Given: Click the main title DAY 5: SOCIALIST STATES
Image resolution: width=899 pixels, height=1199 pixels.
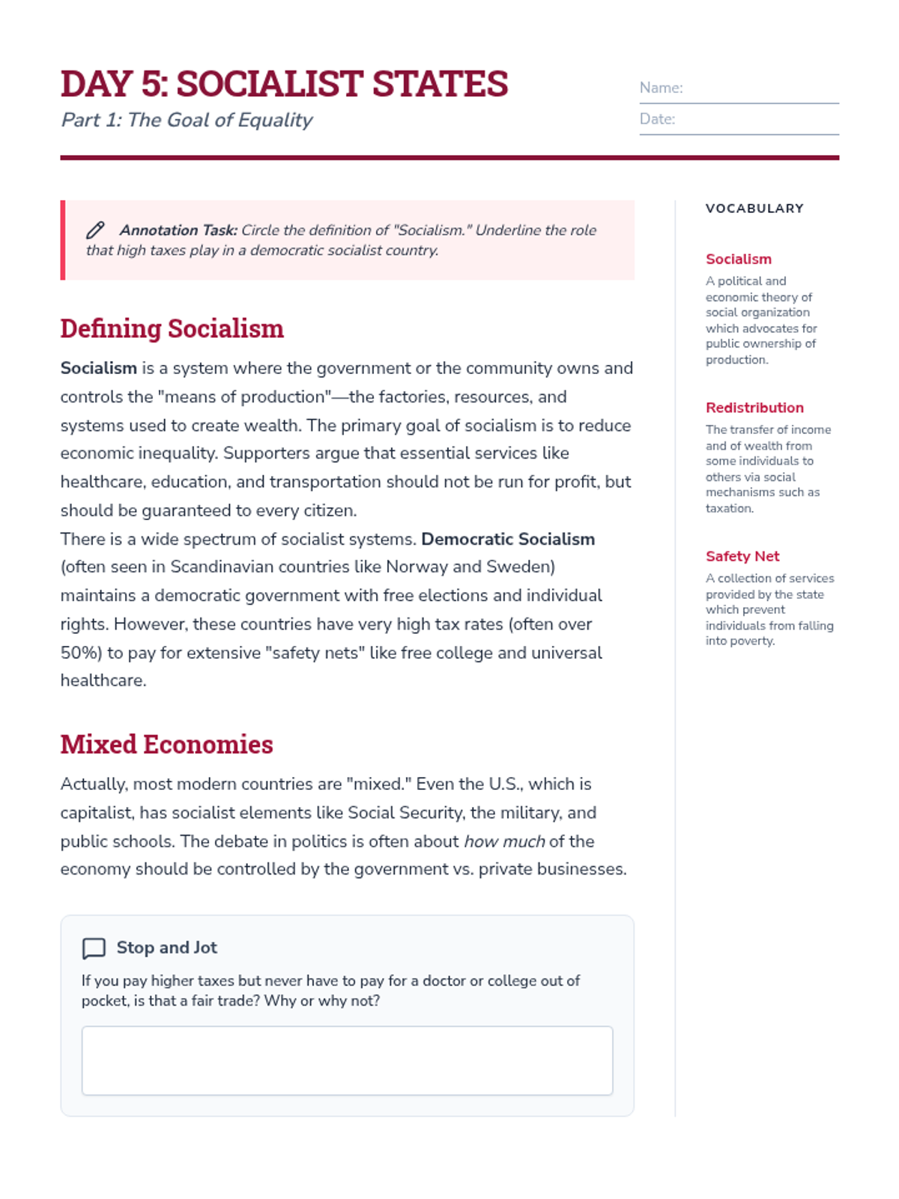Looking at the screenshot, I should coord(284,84).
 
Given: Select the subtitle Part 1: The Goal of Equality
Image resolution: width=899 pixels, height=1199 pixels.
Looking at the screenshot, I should coord(187,120).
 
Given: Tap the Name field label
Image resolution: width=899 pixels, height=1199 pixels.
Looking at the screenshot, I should coord(661,88).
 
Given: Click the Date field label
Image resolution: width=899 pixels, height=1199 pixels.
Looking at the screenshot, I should coord(657,119).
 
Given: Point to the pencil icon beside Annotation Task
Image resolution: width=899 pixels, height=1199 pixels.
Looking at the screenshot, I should coord(95,230).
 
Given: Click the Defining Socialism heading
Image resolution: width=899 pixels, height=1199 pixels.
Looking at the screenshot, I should coord(172,328).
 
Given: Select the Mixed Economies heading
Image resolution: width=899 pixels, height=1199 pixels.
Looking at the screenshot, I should coord(166,744).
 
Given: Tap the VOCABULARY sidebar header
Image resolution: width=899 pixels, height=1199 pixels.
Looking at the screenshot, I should coord(754,208).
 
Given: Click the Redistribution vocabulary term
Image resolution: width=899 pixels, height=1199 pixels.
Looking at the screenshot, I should coord(754,408).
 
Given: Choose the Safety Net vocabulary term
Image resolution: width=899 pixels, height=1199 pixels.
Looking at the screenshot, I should coord(742,556).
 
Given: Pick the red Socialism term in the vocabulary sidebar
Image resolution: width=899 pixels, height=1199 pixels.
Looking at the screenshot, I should coord(738,259).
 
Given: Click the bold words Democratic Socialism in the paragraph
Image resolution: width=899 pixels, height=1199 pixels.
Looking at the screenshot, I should coord(508,539).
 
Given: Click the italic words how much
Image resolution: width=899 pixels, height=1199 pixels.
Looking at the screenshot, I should coord(504,842).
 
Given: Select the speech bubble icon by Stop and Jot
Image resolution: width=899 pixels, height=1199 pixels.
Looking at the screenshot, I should coord(94,948).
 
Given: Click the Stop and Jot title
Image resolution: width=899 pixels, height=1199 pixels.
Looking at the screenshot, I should coord(166,948).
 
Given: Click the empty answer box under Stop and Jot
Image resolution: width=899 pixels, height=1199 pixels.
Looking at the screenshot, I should coord(347,1060).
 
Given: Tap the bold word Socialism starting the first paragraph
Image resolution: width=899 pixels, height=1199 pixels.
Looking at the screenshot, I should coord(98,368).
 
